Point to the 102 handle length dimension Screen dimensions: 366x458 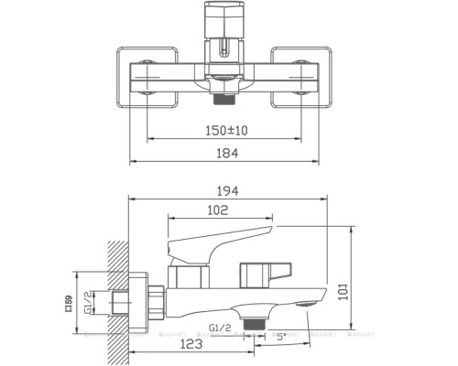tap(216, 210)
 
